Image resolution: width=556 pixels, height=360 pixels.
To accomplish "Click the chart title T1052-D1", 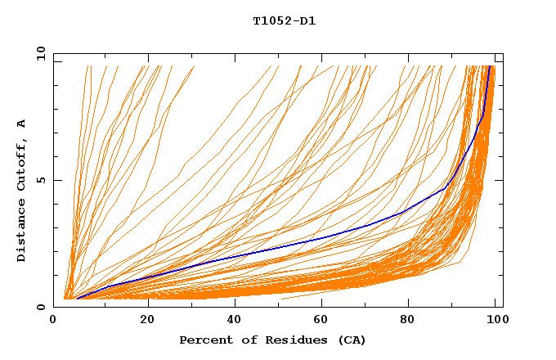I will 285,21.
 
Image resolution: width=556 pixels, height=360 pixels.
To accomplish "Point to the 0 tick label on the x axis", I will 54,319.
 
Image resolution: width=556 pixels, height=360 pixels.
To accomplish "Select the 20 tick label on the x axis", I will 147,319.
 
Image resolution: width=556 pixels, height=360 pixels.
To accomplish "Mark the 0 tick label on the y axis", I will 42,307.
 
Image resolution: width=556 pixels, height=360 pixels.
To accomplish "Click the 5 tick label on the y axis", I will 42,180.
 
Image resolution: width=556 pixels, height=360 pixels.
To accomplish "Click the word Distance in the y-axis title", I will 22,231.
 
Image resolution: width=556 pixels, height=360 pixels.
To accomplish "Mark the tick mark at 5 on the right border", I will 500,180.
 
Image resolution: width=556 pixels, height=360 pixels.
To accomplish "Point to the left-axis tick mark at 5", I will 56,180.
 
